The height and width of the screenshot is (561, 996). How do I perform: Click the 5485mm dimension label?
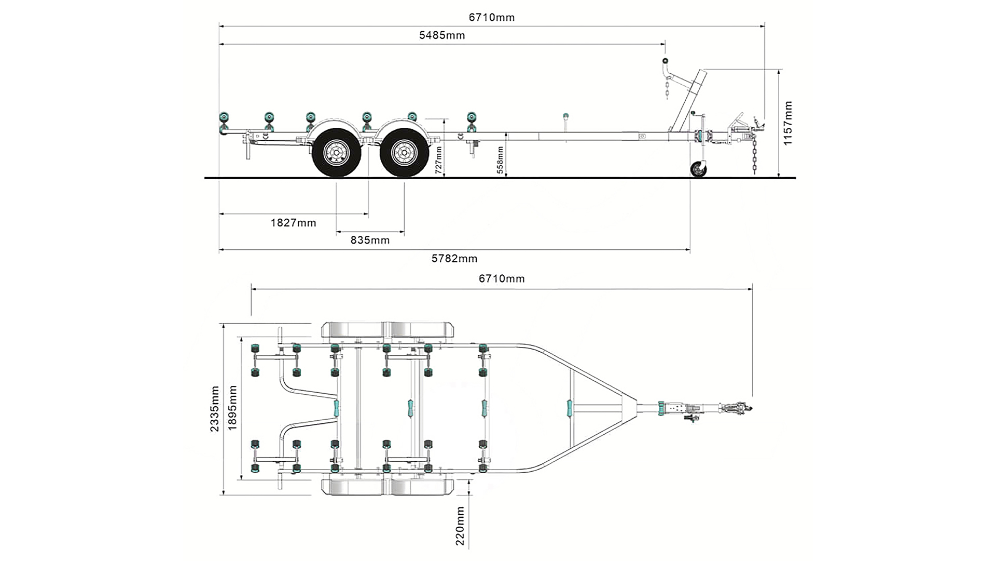[x=442, y=35]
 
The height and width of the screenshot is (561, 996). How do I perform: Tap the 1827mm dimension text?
[x=293, y=223]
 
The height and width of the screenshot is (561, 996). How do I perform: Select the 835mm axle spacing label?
[x=370, y=240]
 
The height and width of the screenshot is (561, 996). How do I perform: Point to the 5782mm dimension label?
[x=454, y=258]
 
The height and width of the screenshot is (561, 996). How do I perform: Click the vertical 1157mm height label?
[x=787, y=123]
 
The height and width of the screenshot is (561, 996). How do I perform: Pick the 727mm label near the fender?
[x=439, y=159]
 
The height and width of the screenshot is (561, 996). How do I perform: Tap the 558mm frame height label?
[x=500, y=159]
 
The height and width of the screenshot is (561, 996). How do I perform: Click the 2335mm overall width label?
[x=215, y=408]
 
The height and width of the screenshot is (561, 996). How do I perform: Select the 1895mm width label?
[x=232, y=407]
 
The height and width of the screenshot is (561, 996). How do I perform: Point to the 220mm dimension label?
[x=460, y=526]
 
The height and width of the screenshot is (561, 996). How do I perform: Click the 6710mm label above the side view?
[x=492, y=17]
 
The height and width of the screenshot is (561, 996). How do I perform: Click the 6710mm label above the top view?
[x=502, y=278]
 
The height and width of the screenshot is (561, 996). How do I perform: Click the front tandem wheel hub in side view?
[x=404, y=153]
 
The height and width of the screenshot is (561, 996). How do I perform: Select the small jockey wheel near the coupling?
[x=698, y=169]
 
